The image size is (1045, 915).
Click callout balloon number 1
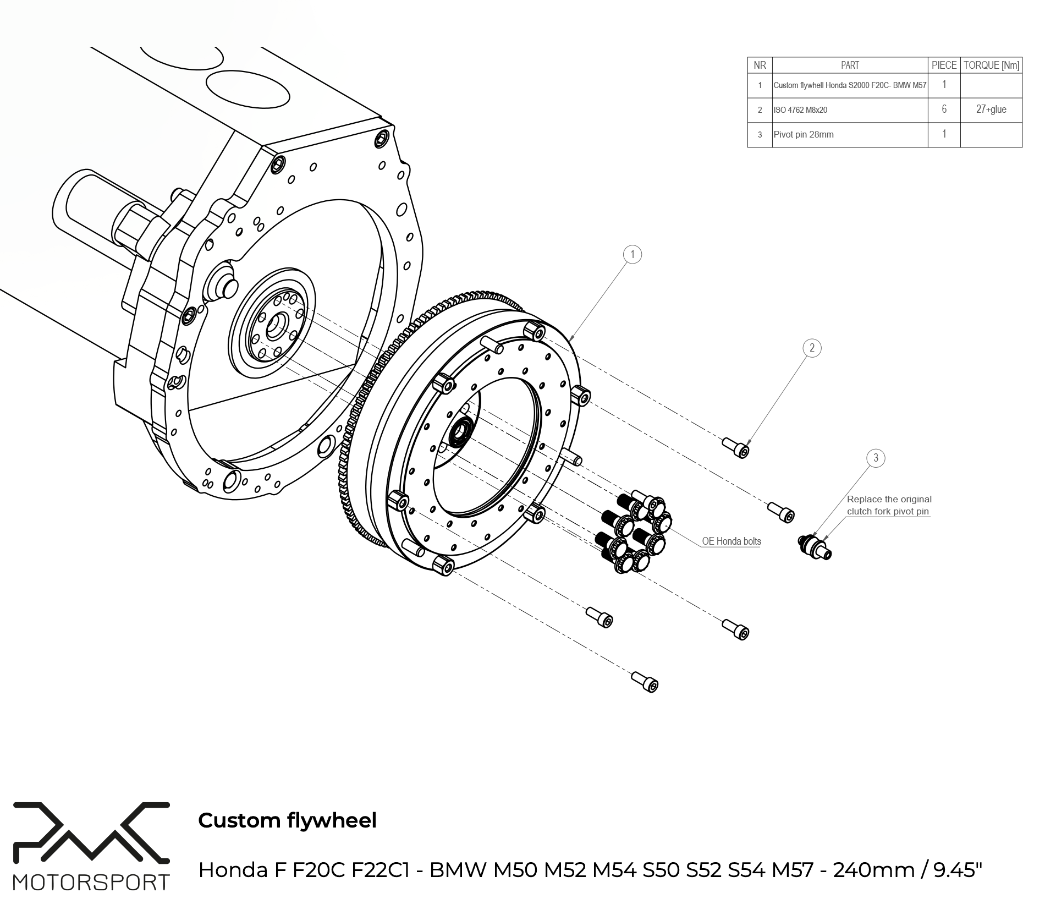point(632,254)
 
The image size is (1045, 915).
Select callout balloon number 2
point(812,348)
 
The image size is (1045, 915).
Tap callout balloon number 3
point(876,458)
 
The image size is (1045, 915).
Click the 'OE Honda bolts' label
point(732,541)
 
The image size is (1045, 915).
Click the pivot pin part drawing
point(815,546)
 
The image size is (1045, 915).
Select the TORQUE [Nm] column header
point(991,65)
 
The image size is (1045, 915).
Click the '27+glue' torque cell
point(991,109)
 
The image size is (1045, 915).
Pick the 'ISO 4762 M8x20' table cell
point(800,110)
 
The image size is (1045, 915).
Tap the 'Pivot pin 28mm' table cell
point(804,134)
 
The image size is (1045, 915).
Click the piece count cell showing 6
point(944,109)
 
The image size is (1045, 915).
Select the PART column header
point(850,65)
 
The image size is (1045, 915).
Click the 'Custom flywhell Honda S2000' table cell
point(850,85)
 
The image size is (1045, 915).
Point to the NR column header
point(760,65)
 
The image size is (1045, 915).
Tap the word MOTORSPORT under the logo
point(91,883)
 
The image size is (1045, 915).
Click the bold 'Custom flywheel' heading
point(287,820)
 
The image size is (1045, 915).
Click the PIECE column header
point(944,65)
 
